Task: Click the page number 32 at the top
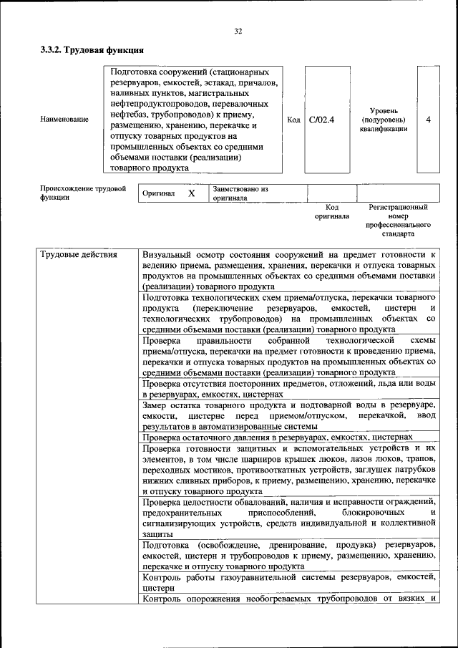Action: tap(238, 30)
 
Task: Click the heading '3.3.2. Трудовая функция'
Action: tap(92, 51)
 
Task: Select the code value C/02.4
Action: tap(322, 120)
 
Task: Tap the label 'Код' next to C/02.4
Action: tap(293, 120)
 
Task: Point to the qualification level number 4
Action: tap(428, 120)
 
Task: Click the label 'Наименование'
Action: tap(64, 120)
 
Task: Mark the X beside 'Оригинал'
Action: tap(191, 193)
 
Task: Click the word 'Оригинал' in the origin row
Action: tap(159, 193)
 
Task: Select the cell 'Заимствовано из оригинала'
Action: tap(240, 193)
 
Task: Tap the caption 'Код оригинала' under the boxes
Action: tap(331, 211)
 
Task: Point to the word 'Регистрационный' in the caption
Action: tap(398, 207)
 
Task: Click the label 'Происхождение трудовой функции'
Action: tap(82, 193)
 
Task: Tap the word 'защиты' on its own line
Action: tap(157, 534)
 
